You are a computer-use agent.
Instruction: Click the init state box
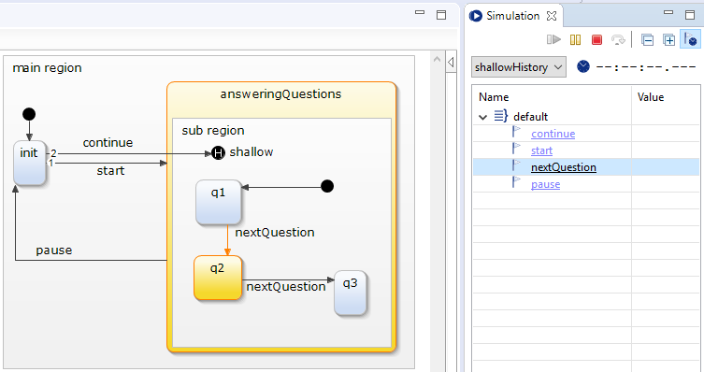[30, 164]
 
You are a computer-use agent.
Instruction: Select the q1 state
[218, 202]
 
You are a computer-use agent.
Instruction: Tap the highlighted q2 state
[218, 278]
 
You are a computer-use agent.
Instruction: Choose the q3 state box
[351, 293]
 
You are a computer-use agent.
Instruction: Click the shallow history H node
[218, 153]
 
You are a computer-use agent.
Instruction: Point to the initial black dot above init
[29, 114]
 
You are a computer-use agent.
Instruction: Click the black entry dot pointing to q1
[327, 186]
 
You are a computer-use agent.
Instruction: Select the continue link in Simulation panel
[553, 134]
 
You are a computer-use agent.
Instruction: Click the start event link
[541, 150]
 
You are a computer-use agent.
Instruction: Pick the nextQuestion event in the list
[564, 167]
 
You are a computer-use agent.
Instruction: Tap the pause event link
[545, 184]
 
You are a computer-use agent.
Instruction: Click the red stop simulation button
[596, 40]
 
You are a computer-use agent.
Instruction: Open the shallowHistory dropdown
[519, 67]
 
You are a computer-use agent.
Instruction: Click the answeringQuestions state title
[281, 94]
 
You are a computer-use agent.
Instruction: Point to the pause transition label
[54, 250]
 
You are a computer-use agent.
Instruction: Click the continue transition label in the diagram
[108, 143]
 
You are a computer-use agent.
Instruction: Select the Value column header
[651, 97]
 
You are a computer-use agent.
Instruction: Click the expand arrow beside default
[483, 117]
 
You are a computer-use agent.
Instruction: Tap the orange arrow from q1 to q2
[227, 240]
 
